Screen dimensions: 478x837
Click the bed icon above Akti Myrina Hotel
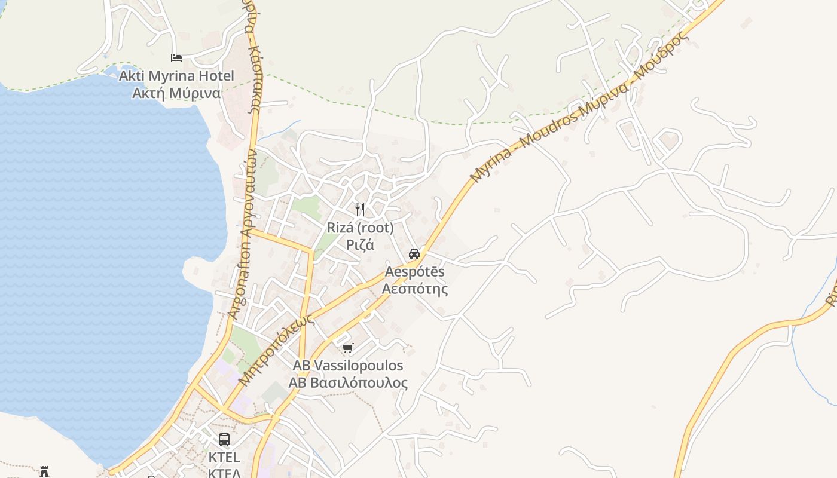(x=176, y=58)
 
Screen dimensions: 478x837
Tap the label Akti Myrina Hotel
(x=176, y=76)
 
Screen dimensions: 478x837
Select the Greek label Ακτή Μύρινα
(x=176, y=93)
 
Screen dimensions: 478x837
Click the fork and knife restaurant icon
(x=360, y=209)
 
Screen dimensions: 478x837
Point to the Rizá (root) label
(x=360, y=228)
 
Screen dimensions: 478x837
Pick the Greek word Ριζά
(x=360, y=244)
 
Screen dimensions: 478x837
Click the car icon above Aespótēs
(x=414, y=253)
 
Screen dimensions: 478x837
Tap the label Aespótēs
(x=414, y=272)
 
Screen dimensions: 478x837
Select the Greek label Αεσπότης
(x=414, y=289)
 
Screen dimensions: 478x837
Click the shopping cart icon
(x=347, y=348)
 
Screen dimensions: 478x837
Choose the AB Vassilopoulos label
(x=347, y=366)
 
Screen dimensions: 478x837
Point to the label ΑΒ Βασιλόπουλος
(x=347, y=383)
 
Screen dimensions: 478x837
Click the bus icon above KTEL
(x=224, y=440)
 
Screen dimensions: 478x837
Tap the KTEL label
(x=224, y=458)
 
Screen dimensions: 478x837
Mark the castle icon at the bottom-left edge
(x=44, y=473)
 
